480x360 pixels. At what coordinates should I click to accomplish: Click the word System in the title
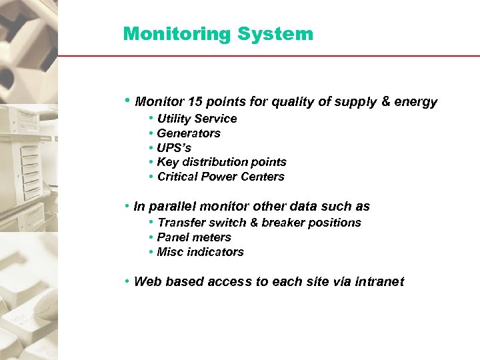[x=283, y=34]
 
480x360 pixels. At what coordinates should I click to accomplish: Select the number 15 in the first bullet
[x=195, y=102]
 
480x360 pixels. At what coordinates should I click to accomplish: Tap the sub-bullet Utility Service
[x=197, y=119]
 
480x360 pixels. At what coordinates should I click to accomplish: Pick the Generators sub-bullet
[x=189, y=133]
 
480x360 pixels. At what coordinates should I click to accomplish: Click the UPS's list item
[x=174, y=148]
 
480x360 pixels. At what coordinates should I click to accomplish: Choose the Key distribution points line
[x=221, y=162]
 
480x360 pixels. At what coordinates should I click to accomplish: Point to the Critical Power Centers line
[x=221, y=177]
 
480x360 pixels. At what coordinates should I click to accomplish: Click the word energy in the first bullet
[x=417, y=102]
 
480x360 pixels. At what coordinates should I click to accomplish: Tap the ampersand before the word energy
[x=386, y=102]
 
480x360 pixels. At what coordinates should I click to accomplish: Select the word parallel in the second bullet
[x=171, y=207]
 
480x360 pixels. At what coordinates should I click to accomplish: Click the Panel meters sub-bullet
[x=194, y=237]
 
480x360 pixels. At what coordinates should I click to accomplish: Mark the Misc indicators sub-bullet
[x=200, y=252]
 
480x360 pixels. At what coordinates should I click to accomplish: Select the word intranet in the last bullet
[x=379, y=281]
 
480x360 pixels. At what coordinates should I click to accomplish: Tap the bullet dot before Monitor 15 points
[x=127, y=101]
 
